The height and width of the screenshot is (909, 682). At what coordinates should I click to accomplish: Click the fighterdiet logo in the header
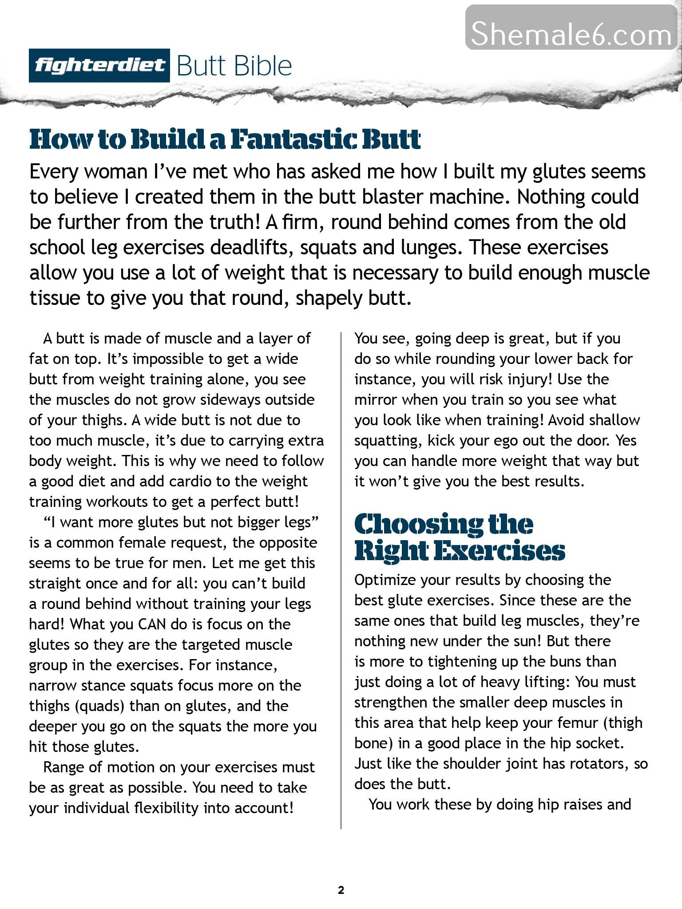99,66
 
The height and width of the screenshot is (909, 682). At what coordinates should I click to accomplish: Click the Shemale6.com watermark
571,34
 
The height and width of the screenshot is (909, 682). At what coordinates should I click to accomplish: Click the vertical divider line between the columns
341,577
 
